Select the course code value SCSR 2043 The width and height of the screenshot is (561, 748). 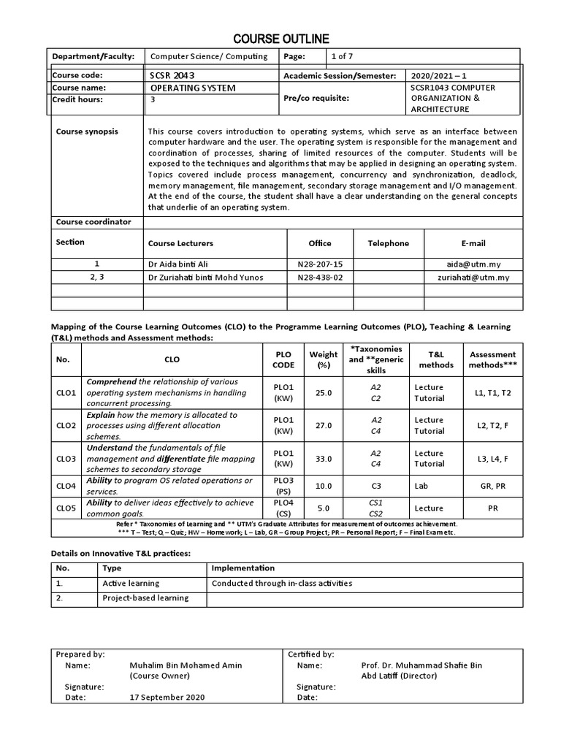pyautogui.click(x=172, y=75)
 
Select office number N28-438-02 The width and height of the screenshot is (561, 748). pyautogui.click(x=320, y=277)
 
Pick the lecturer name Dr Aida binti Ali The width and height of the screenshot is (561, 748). pyautogui.click(x=183, y=264)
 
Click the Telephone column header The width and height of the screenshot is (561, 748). pyautogui.click(x=388, y=243)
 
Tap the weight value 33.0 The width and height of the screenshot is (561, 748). pyautogui.click(x=323, y=459)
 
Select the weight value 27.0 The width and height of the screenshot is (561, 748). pyautogui.click(x=323, y=425)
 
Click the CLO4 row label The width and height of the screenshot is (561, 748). pyautogui.click(x=66, y=486)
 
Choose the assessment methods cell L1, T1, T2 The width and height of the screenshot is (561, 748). pyautogui.click(x=493, y=392)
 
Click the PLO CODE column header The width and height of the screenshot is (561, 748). pyautogui.click(x=283, y=359)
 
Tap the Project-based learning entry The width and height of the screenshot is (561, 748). pyautogui.click(x=145, y=598)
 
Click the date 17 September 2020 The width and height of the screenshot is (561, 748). pyautogui.click(x=167, y=697)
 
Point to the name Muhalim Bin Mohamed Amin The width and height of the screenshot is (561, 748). pyautogui.click(x=186, y=665)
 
